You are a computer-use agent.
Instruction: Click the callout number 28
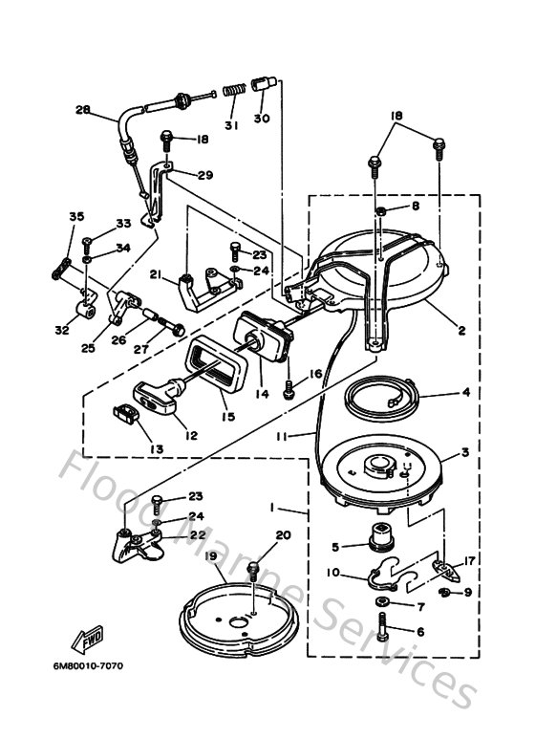pos(83,110)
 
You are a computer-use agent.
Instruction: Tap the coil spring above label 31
pos(233,92)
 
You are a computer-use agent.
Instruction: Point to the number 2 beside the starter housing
pos(460,331)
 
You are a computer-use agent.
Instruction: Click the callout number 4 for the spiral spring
pos(464,392)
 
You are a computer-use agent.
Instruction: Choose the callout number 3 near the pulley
pos(464,453)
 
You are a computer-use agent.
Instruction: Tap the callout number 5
pos(335,548)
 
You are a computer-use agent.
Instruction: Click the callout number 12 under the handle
pos(191,435)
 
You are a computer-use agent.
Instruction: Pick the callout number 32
pos(62,331)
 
